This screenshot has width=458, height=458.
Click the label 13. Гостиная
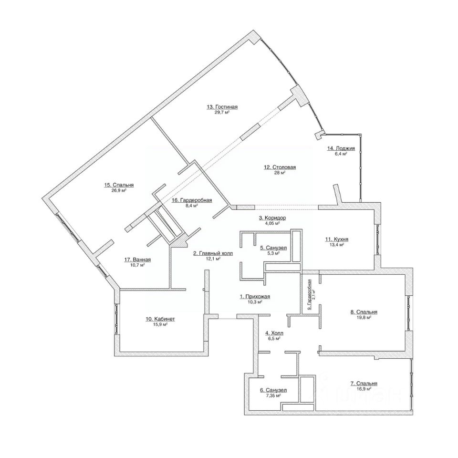[x=222, y=107]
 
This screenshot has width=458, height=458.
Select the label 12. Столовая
[x=280, y=167]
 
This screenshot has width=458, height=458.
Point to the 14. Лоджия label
[x=341, y=148]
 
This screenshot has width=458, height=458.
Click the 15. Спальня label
[x=119, y=185]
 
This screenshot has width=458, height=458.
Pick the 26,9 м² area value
[x=119, y=190]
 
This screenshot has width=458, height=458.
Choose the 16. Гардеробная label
[x=192, y=200]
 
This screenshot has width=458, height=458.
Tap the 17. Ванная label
[x=137, y=260]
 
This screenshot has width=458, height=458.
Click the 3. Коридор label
[x=272, y=218]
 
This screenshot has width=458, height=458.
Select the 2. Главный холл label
[x=213, y=253]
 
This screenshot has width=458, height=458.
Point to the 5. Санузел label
[x=273, y=248]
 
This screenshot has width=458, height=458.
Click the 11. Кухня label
[x=337, y=239]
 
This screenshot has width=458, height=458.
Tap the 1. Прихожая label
[x=255, y=297]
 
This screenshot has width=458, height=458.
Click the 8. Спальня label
[x=364, y=312]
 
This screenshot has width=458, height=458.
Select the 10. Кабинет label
[x=160, y=319]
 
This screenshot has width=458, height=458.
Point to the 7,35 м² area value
[x=273, y=396]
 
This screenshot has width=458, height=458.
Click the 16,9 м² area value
[x=364, y=389]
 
